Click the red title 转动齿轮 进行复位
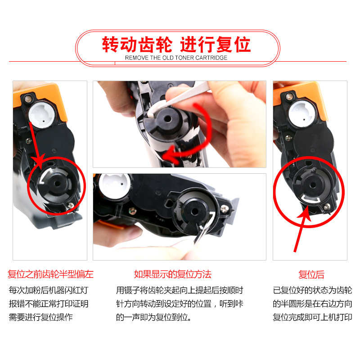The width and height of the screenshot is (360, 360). [x=176, y=45]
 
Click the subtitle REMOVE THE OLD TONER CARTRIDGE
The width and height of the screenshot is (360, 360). [x=176, y=58]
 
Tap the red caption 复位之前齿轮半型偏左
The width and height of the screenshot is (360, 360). [x=50, y=274]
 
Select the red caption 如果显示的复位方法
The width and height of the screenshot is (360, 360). [x=172, y=274]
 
